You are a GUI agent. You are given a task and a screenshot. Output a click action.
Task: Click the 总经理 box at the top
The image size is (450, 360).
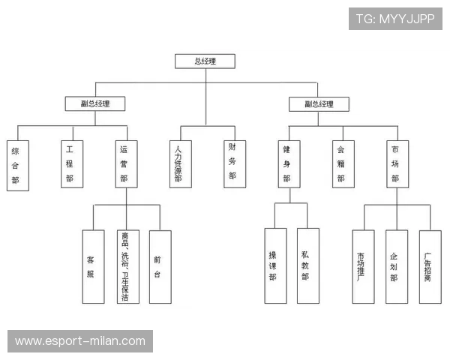coord(205,61)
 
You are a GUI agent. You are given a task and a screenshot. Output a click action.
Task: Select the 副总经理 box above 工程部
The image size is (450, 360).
coord(94,104)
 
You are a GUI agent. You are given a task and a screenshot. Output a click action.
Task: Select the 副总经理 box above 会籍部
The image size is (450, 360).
coord(318,104)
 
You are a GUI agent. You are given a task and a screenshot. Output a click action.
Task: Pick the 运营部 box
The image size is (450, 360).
coord(125,165)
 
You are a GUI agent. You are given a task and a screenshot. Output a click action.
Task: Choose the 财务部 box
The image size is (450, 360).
coord(232,163)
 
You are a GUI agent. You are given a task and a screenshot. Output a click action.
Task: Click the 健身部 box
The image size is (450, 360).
coord(286,165)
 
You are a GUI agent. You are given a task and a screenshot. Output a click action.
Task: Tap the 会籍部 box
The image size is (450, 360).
coord(340,165)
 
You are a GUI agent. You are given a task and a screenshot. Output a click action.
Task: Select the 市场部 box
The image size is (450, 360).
coord(395,165)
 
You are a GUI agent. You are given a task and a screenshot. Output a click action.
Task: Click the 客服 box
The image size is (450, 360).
coord(92,266)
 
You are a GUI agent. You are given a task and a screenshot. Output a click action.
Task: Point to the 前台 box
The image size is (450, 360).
coord(158,266)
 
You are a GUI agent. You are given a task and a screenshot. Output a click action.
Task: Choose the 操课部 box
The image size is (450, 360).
coord(274,265)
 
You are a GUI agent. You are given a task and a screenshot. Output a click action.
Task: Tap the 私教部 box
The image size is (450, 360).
coord(307,265)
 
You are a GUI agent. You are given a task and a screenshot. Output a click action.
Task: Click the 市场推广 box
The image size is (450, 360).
coord(362,266)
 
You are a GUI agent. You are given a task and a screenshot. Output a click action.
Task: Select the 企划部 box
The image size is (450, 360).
coord(395,266)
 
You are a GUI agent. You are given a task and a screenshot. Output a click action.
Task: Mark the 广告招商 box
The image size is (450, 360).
coord(429,266)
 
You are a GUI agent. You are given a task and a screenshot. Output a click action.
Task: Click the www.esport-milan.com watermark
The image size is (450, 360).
coord(81,341)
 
